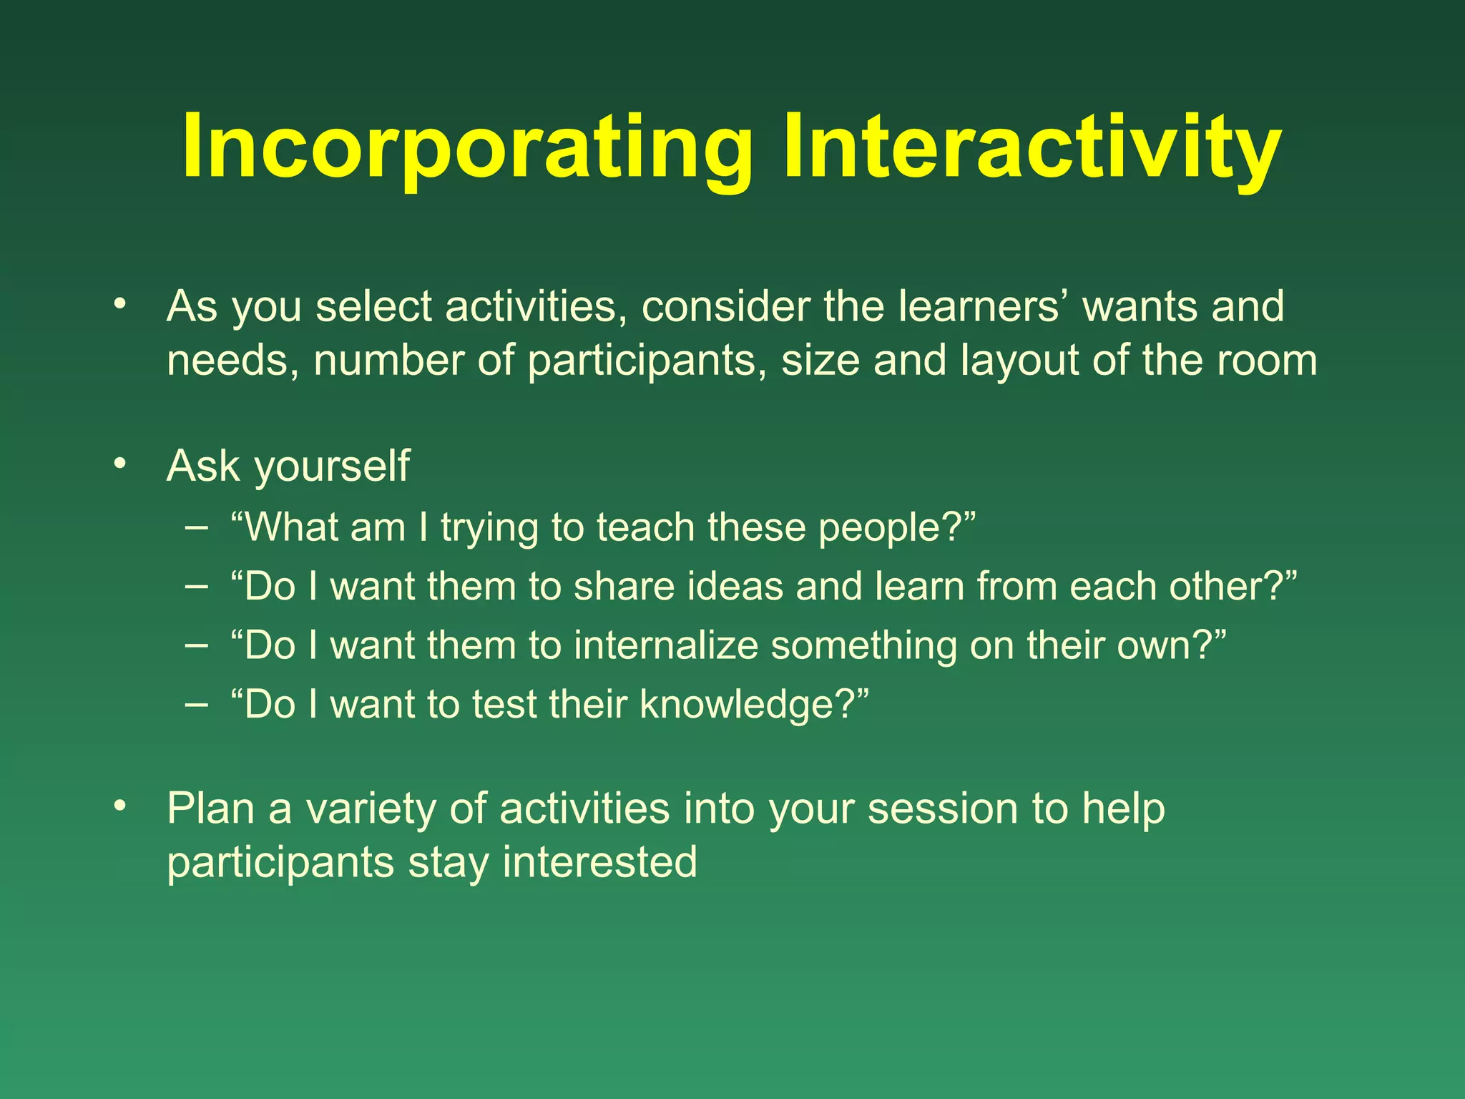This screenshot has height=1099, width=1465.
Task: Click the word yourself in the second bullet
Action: (333, 467)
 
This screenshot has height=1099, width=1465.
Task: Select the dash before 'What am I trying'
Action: (196, 528)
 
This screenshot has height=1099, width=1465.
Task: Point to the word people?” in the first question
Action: (897, 529)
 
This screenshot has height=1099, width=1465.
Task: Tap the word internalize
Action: (665, 645)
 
